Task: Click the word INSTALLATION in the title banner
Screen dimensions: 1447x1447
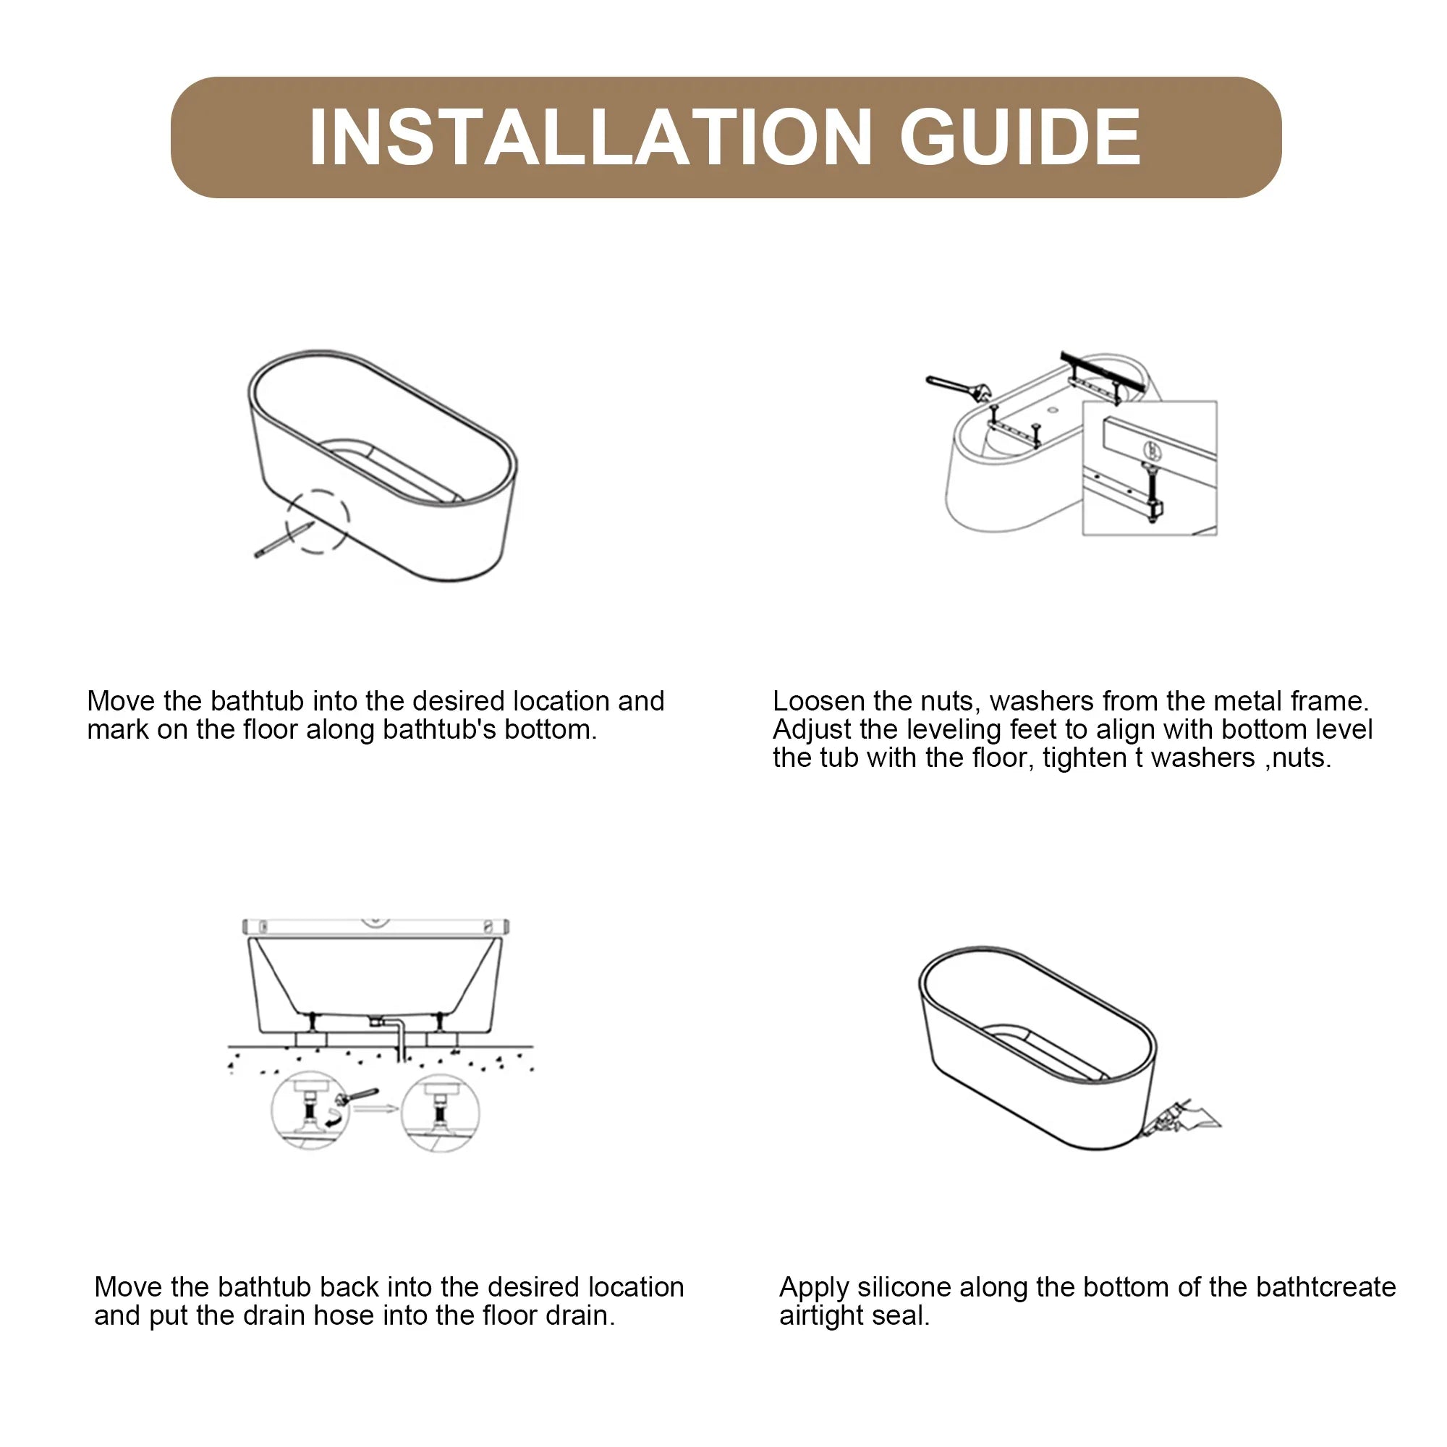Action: (x=590, y=137)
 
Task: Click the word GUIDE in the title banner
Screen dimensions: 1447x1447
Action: (x=1020, y=137)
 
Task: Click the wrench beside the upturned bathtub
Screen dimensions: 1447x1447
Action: (x=959, y=387)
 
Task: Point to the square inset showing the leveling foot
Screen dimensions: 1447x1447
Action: (x=1150, y=468)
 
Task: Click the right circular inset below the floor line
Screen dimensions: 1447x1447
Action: (x=441, y=1113)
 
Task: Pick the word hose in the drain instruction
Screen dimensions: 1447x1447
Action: (x=341, y=1317)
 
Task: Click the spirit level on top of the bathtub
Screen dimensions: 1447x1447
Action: (x=376, y=927)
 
